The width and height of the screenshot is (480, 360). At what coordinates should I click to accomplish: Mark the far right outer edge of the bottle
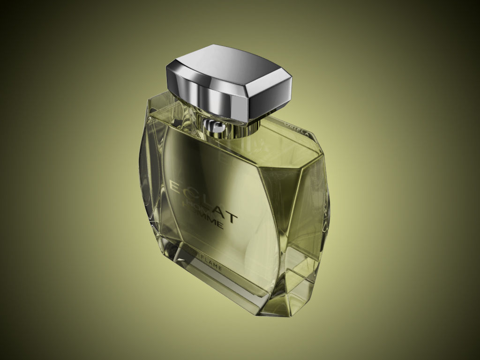(329, 206)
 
